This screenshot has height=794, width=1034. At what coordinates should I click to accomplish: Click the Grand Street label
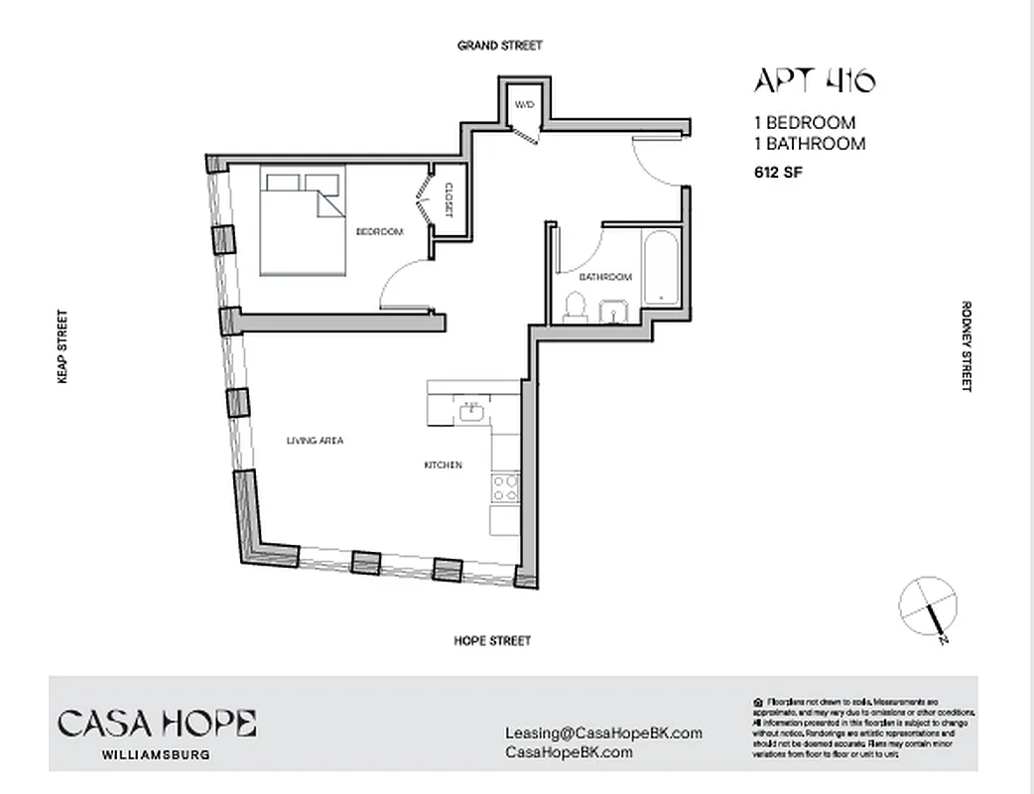(499, 46)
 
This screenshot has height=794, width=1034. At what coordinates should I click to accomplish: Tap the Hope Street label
(492, 641)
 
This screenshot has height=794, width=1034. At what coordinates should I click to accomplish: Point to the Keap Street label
(62, 346)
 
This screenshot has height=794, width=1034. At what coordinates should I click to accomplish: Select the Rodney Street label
(966, 346)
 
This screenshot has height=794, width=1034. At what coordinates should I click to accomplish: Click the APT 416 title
(815, 80)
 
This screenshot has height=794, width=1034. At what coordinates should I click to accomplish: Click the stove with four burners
(505, 486)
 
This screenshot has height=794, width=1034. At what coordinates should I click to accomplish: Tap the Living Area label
(315, 440)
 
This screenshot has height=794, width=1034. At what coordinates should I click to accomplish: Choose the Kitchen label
(443, 464)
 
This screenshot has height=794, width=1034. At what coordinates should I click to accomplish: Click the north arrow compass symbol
(929, 605)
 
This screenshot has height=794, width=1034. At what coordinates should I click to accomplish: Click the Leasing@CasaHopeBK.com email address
(603, 732)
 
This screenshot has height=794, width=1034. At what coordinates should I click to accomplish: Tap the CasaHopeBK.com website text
(569, 752)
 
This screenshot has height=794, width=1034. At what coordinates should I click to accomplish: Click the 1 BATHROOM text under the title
(810, 144)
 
